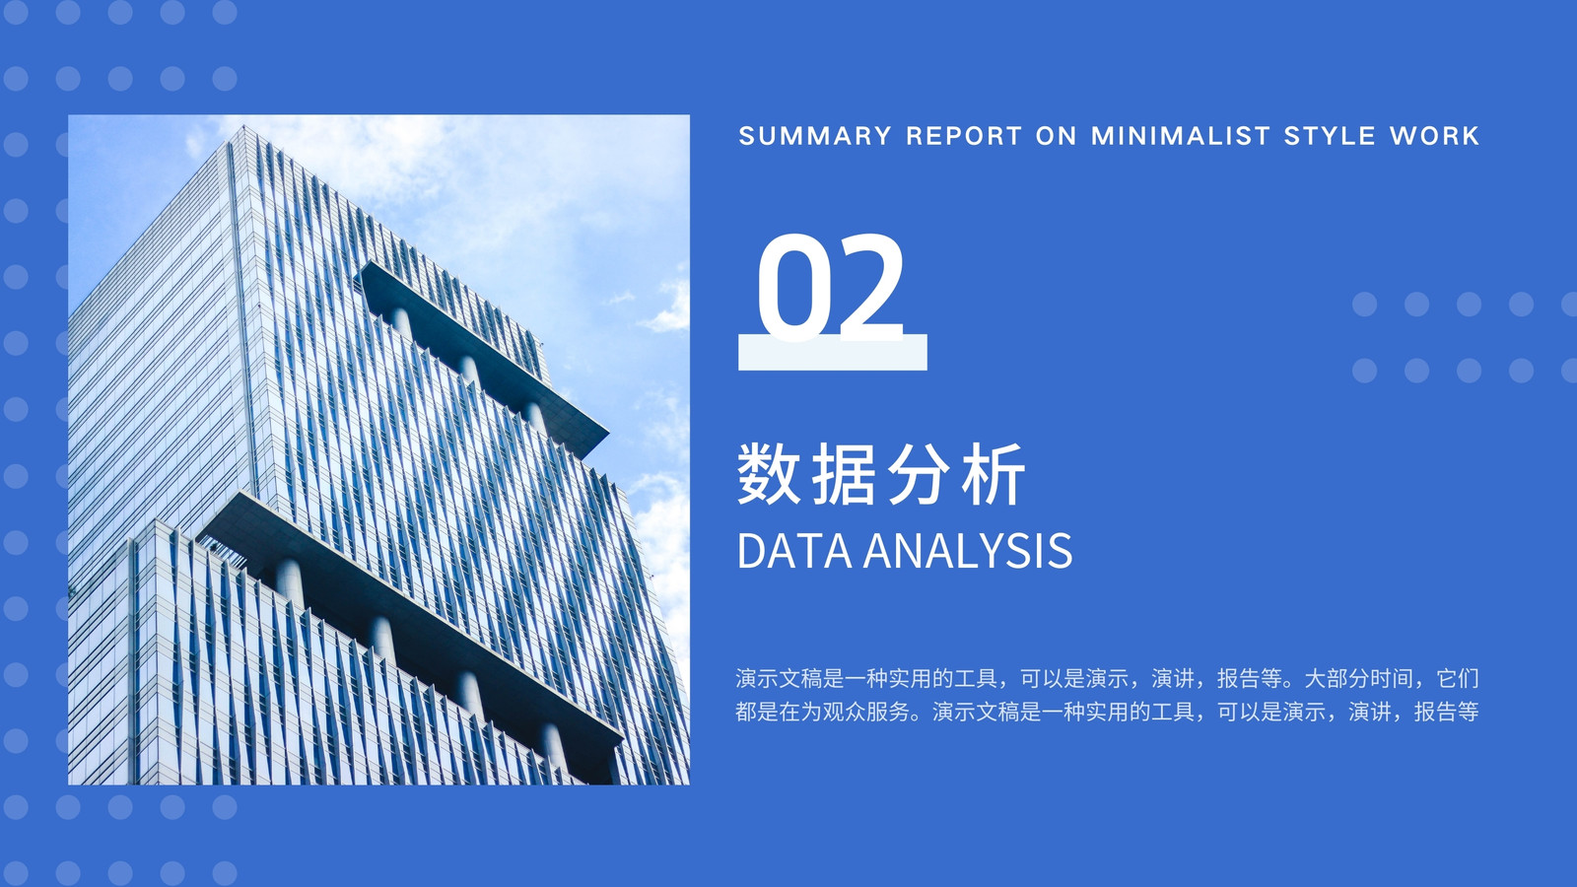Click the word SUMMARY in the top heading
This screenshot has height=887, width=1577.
click(x=815, y=136)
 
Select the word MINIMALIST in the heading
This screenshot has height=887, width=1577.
click(x=1181, y=136)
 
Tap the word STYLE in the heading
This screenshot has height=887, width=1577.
click(x=1330, y=136)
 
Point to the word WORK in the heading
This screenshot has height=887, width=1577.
click(x=1435, y=136)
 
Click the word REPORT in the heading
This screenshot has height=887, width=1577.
click(x=964, y=136)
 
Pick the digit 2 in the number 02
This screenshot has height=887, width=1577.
click(x=870, y=287)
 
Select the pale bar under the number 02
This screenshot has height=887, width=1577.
click(x=833, y=352)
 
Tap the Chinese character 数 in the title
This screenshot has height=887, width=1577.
click(x=769, y=474)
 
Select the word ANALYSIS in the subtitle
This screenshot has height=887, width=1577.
click(x=968, y=551)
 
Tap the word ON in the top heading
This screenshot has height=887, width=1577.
click(x=1056, y=136)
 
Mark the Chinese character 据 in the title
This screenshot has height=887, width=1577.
click(x=844, y=474)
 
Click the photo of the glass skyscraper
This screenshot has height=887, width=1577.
click(x=378, y=449)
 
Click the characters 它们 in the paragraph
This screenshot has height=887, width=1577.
click(x=1458, y=679)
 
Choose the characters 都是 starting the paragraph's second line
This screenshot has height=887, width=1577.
click(x=758, y=712)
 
